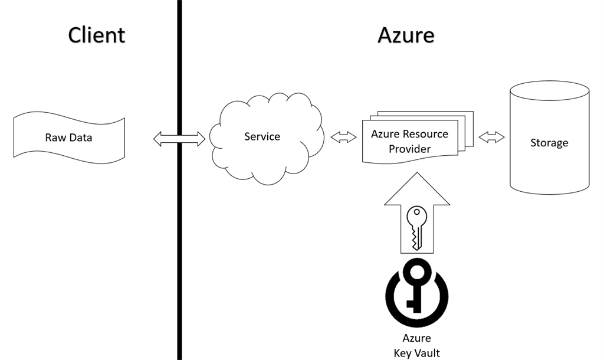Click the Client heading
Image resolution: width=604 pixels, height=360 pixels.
(97, 35)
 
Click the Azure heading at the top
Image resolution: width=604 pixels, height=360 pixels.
(406, 35)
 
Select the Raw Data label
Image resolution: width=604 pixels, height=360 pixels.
(68, 138)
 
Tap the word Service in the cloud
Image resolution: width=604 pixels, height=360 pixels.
(262, 136)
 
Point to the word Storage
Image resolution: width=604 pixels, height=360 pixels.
(549, 143)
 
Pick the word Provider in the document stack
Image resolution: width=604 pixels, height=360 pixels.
(410, 149)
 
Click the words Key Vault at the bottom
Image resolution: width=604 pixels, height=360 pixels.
(417, 353)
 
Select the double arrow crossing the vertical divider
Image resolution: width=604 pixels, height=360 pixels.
(179, 139)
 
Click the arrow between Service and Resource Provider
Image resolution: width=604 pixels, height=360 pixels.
(344, 137)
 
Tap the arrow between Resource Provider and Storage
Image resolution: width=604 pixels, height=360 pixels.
(491, 137)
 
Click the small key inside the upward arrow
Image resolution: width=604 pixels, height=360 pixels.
(416, 228)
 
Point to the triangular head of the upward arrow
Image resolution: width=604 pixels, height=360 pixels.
(417, 189)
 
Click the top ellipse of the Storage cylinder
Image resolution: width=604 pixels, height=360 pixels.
(550, 90)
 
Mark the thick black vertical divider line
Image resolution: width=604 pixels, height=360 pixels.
(179, 180)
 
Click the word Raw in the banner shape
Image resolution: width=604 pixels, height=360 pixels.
(53, 138)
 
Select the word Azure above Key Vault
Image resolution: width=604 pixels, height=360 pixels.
(417, 338)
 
